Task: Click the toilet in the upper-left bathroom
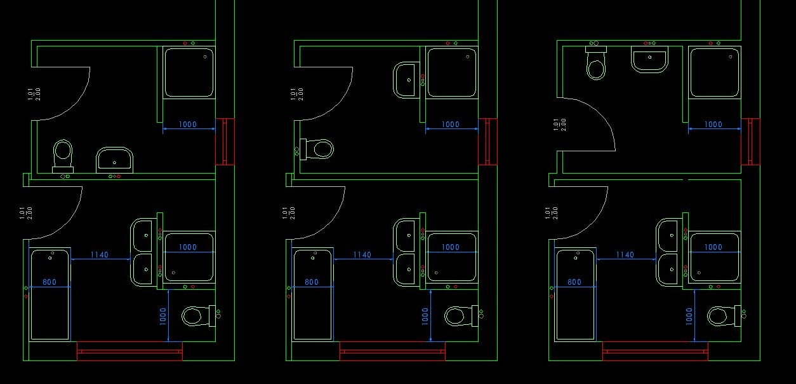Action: pos(63,156)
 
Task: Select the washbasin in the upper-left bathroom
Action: pos(114,160)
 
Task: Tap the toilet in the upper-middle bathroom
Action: pos(317,149)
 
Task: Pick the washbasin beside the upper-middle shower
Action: pos(405,80)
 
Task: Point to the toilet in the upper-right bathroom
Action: pos(596,63)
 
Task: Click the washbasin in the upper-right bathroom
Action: pos(649,59)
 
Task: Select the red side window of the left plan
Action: pos(225,142)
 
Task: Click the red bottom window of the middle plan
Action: pos(392,351)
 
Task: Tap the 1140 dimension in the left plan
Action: pos(100,255)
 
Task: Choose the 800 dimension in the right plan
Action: pos(574,282)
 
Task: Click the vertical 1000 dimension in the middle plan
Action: pos(425,316)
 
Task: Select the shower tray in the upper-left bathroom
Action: pos(189,72)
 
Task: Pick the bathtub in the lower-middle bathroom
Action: pos(313,294)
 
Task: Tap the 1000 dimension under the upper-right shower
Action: pos(713,125)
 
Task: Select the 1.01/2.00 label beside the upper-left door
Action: pos(34,94)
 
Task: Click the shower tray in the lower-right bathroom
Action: pos(715,257)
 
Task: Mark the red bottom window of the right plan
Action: pos(655,351)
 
